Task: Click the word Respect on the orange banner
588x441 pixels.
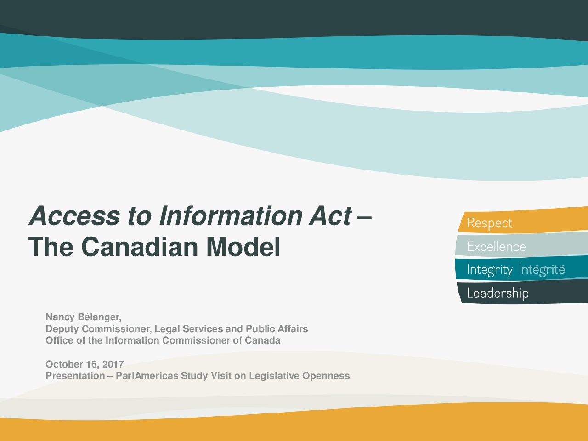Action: pos(489,223)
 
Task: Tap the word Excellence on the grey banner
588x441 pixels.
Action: pos(497,247)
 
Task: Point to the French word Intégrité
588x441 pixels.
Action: pos(542,269)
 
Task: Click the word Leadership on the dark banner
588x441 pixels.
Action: pos(498,294)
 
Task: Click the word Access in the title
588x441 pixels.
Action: pos(74,216)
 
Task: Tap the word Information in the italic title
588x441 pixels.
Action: pos(231,216)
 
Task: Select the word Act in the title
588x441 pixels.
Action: pos(330,216)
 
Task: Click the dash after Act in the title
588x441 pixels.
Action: pos(364,218)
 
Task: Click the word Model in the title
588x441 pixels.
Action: pos(243,246)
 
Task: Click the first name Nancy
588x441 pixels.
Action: pos(60,317)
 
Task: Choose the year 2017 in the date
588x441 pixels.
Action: pos(113,364)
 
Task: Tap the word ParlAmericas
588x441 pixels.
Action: pos(147,376)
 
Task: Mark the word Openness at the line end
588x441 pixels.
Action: pos(326,376)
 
